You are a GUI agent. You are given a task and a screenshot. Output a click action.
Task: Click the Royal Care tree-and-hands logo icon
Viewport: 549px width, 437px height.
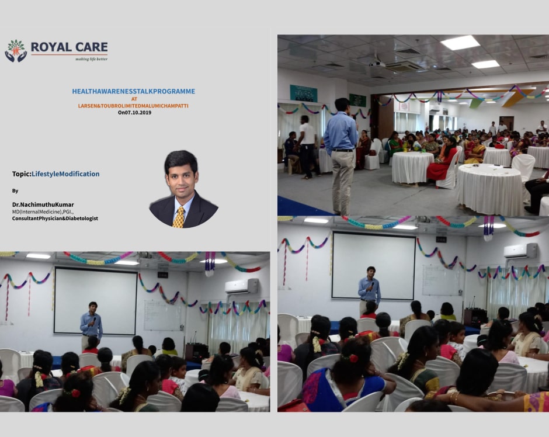16,51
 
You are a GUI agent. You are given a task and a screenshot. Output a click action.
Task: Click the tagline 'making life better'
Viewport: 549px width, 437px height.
91,59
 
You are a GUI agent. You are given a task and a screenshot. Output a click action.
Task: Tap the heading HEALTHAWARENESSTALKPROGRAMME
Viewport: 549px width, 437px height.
133,91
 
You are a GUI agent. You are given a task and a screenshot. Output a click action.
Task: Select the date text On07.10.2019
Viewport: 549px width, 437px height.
134,113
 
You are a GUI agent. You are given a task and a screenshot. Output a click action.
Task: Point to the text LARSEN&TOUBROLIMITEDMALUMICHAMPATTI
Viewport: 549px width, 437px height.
133,106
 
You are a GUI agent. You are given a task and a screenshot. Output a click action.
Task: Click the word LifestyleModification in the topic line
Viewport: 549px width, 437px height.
65,174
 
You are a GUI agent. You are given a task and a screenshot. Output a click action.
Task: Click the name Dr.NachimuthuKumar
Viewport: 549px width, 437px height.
43,204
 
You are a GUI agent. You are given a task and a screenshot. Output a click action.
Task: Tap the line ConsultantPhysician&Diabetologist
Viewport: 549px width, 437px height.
55,218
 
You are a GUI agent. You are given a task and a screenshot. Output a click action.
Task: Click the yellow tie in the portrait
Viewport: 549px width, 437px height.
179,217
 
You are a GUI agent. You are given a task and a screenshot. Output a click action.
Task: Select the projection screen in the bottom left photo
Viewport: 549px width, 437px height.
95,301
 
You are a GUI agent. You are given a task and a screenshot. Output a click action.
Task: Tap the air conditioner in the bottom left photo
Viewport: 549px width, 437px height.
242,286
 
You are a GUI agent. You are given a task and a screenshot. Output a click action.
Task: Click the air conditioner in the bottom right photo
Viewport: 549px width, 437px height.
520,251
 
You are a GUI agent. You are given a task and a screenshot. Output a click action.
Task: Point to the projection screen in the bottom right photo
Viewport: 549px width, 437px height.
374,266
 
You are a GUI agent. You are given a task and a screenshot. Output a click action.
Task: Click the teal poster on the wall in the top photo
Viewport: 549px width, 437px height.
303,93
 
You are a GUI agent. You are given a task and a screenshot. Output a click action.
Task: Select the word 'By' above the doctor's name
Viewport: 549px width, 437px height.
15,191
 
